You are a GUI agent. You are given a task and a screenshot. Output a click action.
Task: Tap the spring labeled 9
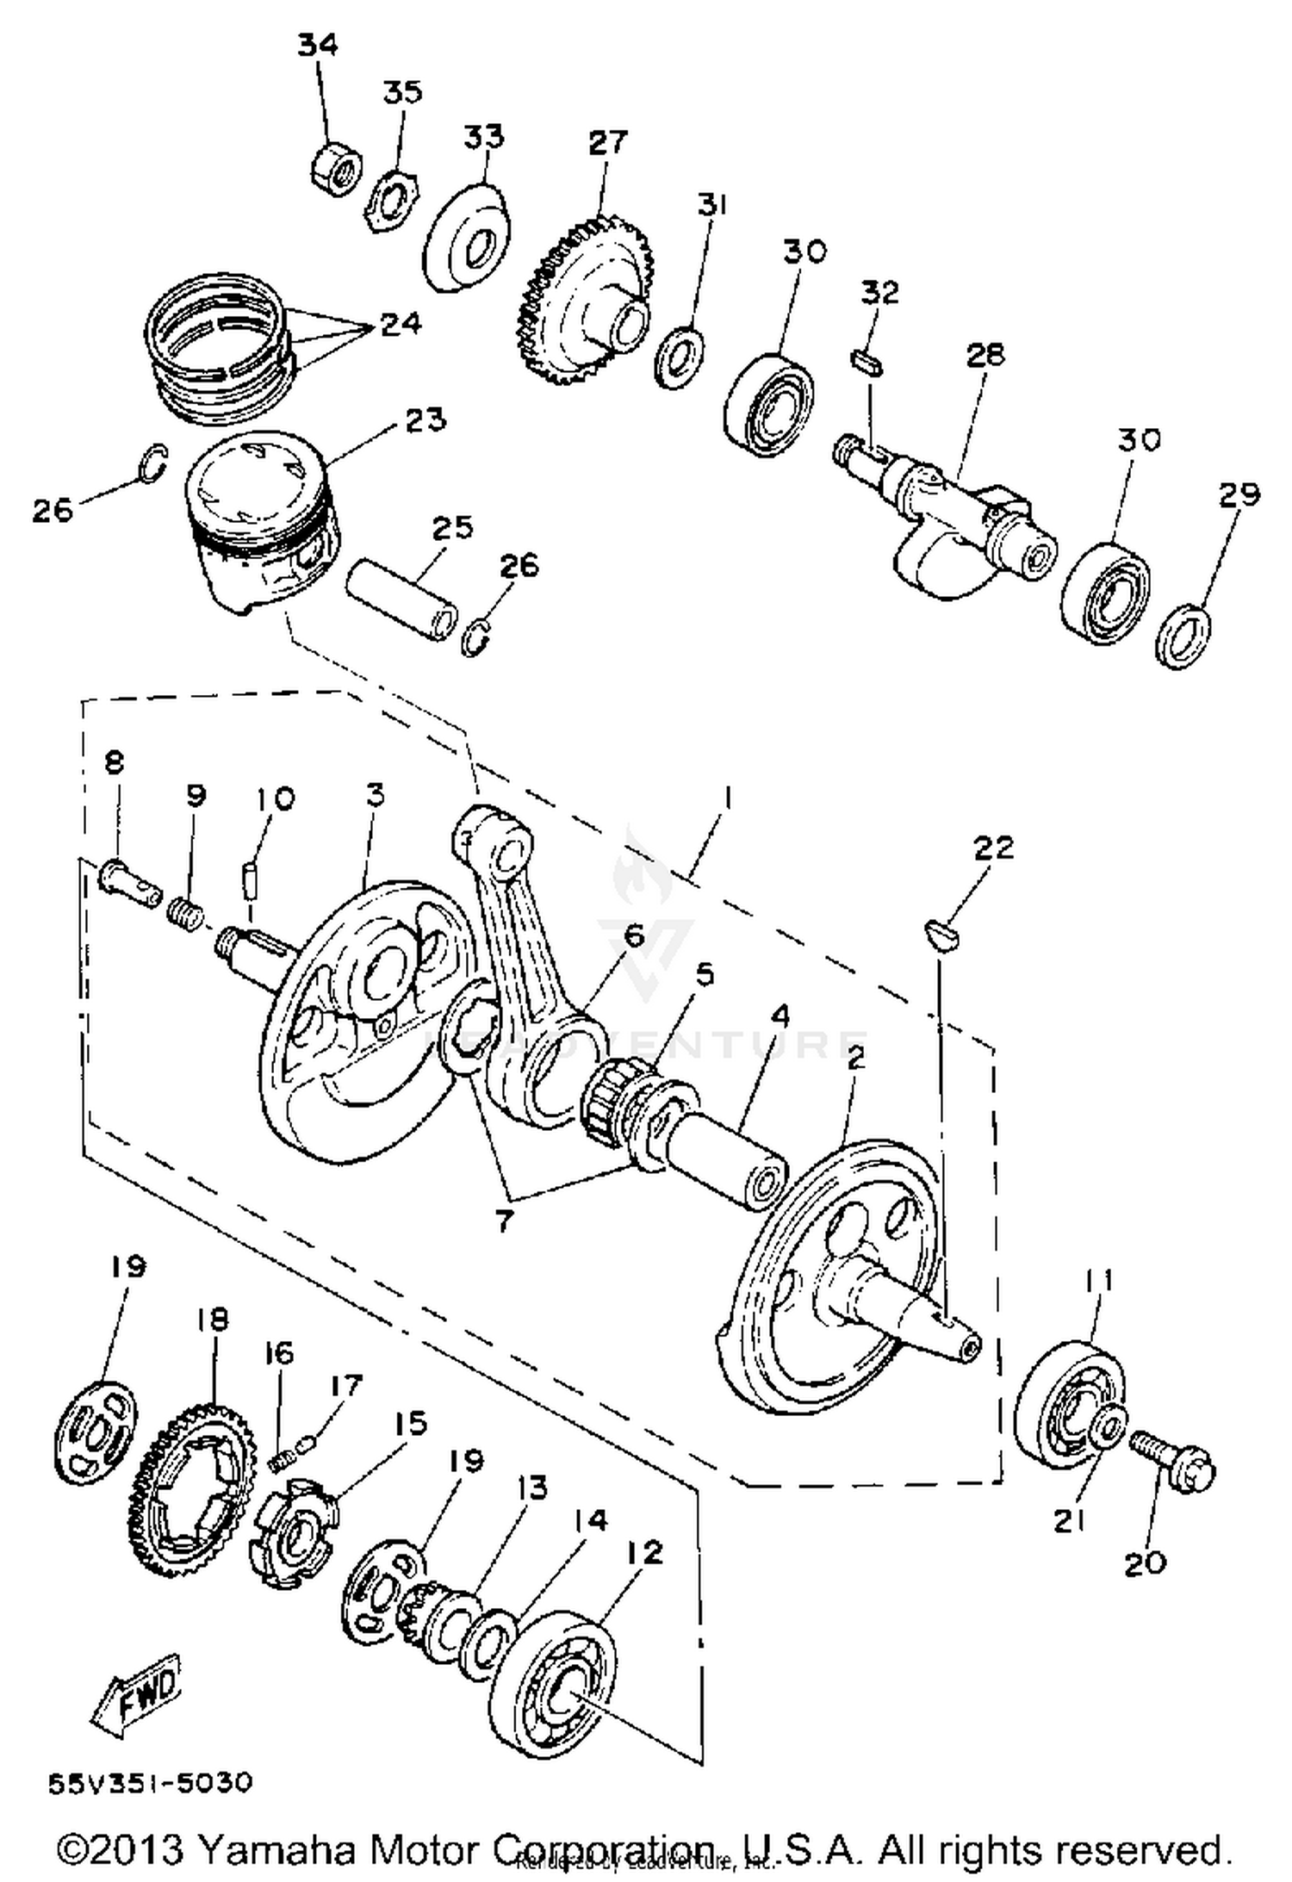[185, 910]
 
